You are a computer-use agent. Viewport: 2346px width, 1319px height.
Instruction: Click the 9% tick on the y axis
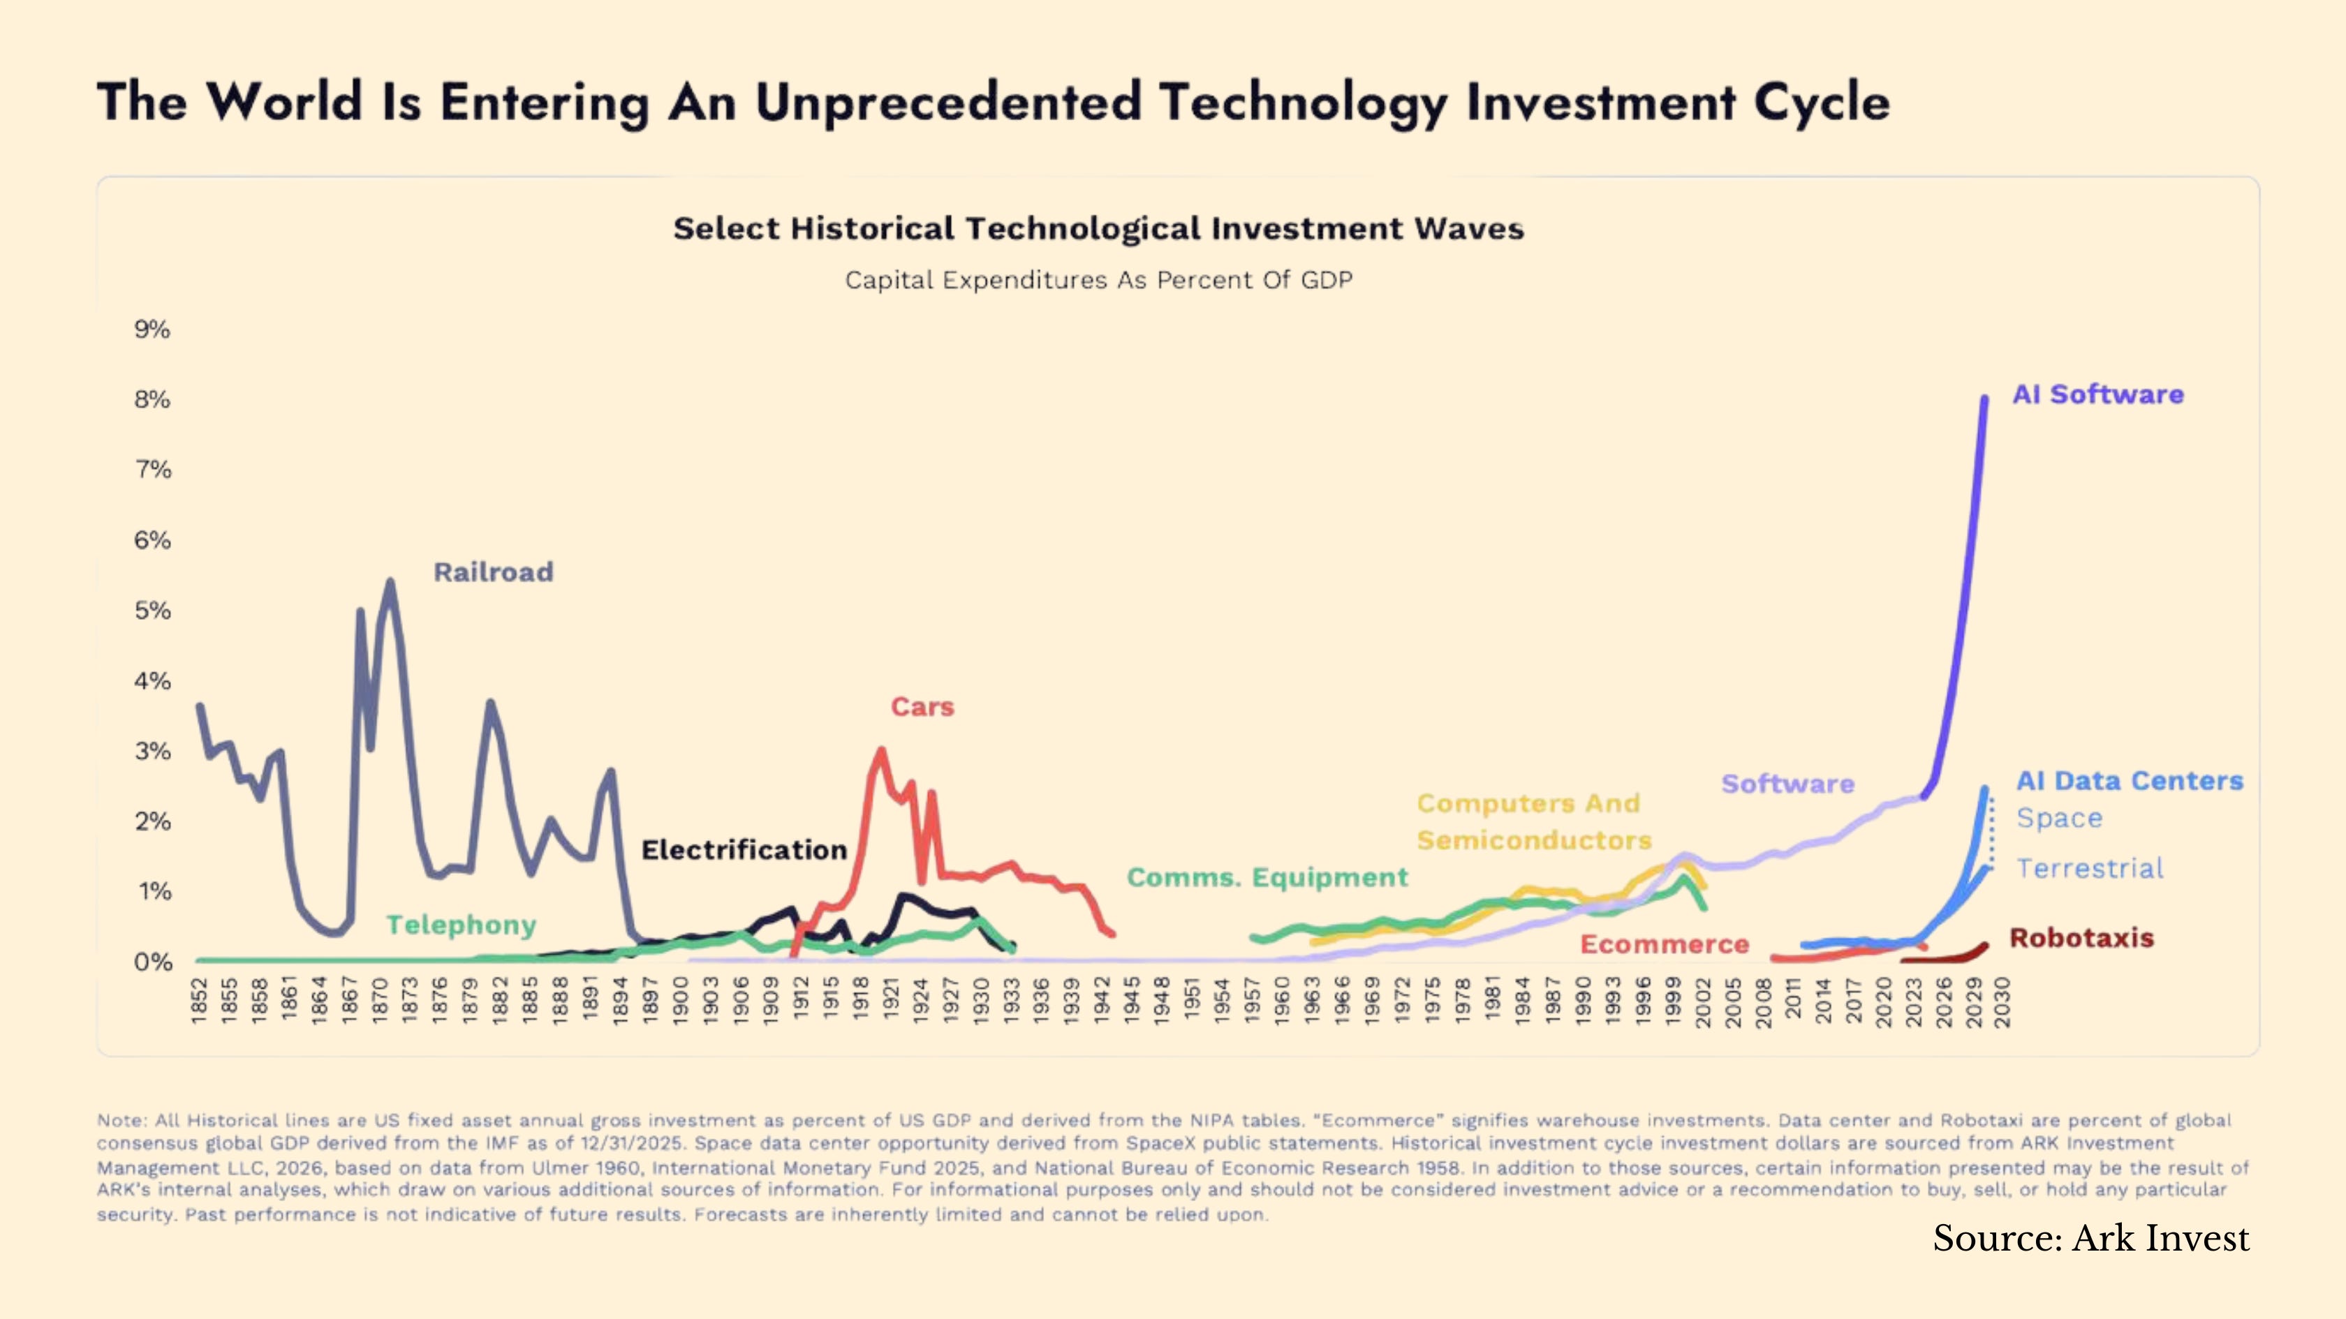[152, 329]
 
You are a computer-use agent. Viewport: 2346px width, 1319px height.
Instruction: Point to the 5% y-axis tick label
[152, 611]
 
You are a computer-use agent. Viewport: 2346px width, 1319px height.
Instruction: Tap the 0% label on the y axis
[152, 962]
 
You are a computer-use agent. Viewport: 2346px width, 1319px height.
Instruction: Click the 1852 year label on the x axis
[200, 1001]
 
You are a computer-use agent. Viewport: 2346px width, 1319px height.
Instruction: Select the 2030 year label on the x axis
[2002, 1002]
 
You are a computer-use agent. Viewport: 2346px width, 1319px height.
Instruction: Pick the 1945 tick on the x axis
[1131, 1001]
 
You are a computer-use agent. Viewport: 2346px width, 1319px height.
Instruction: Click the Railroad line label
[494, 572]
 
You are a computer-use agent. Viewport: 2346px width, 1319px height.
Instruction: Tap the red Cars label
[922, 707]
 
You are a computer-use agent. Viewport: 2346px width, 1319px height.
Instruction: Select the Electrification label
[744, 850]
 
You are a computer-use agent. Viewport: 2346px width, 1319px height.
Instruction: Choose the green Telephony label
[461, 926]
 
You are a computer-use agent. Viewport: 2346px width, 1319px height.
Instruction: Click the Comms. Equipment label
[1267, 877]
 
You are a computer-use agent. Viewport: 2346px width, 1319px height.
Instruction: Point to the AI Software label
[2098, 394]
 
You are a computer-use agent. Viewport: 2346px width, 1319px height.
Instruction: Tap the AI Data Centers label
[2130, 781]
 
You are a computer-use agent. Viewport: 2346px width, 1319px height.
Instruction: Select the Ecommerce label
[1665, 945]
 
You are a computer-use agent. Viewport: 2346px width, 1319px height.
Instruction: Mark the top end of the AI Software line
[1985, 398]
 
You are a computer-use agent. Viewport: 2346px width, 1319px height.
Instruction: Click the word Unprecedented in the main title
[948, 102]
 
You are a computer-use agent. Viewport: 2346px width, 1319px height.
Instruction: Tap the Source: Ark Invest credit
[2091, 1239]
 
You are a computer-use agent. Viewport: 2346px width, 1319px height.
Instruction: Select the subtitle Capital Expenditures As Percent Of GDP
[1099, 281]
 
